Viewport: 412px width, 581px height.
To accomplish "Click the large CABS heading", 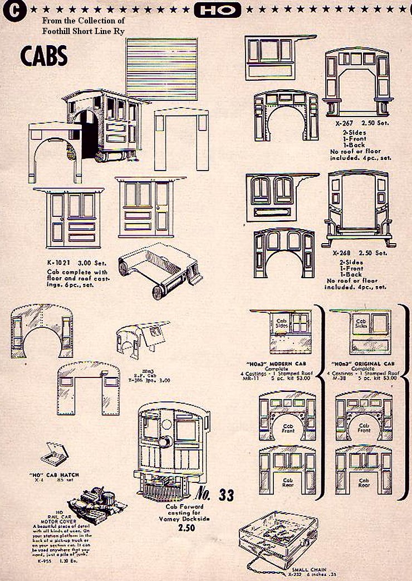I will (x=44, y=56).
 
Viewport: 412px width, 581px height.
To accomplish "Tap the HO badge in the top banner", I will (x=218, y=9).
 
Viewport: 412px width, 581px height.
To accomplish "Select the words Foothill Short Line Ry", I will (x=83, y=30).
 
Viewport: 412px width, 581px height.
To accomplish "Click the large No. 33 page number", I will (x=215, y=493).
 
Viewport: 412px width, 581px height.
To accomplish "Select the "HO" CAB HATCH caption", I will (x=53, y=475).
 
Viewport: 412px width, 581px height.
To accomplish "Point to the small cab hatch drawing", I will (x=56, y=452).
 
